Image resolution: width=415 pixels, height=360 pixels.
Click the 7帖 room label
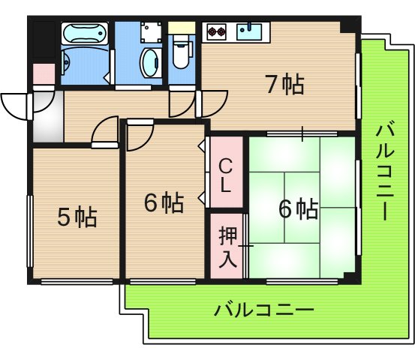coord(284,85)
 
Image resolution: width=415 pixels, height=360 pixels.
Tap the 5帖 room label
coord(77,217)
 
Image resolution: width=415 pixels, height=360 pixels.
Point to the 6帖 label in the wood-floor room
coord(164,202)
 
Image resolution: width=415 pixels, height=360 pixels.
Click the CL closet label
coord(225,174)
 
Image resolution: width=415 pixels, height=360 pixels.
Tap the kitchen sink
coord(249,31)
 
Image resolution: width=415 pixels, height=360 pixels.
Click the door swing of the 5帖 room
coord(105,129)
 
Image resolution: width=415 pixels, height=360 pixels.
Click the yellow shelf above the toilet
coord(181,28)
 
